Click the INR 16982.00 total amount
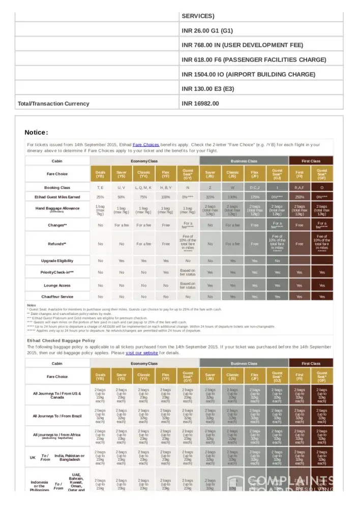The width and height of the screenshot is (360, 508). (200, 104)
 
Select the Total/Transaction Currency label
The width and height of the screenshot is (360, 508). (53, 104)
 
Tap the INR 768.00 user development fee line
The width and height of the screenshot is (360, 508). (242, 45)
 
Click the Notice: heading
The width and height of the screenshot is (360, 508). (36, 133)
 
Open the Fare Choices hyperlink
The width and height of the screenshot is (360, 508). (146, 145)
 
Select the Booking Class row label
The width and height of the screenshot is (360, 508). (57, 187)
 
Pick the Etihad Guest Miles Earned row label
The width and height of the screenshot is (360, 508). (57, 197)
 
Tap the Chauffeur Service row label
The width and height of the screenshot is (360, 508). (57, 297)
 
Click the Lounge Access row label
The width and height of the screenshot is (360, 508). (57, 285)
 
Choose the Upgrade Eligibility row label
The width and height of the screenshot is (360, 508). (57, 261)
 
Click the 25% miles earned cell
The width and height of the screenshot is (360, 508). (100, 197)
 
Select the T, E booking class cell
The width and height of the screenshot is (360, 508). (100, 187)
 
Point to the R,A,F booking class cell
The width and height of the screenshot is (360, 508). (299, 187)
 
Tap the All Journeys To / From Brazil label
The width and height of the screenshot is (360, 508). (57, 416)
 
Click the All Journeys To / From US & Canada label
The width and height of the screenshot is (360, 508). (57, 395)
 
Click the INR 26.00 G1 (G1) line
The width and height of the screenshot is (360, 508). (207, 30)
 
